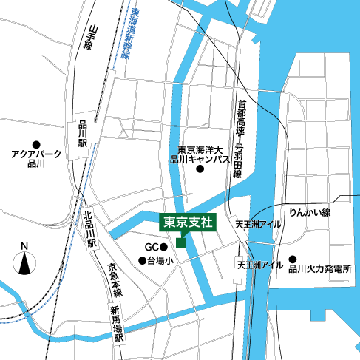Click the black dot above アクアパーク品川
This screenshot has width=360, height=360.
pos(35,143)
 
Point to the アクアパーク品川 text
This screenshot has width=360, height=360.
pos(35,159)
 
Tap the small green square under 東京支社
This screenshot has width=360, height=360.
pos(181,242)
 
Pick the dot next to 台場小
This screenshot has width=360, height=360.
pos(142,260)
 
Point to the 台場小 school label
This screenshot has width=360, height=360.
pos(160,260)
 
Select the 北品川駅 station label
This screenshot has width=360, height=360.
pos(89,229)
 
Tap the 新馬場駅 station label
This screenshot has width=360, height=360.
pos(117,323)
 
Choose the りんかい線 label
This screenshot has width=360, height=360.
pos(309,212)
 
